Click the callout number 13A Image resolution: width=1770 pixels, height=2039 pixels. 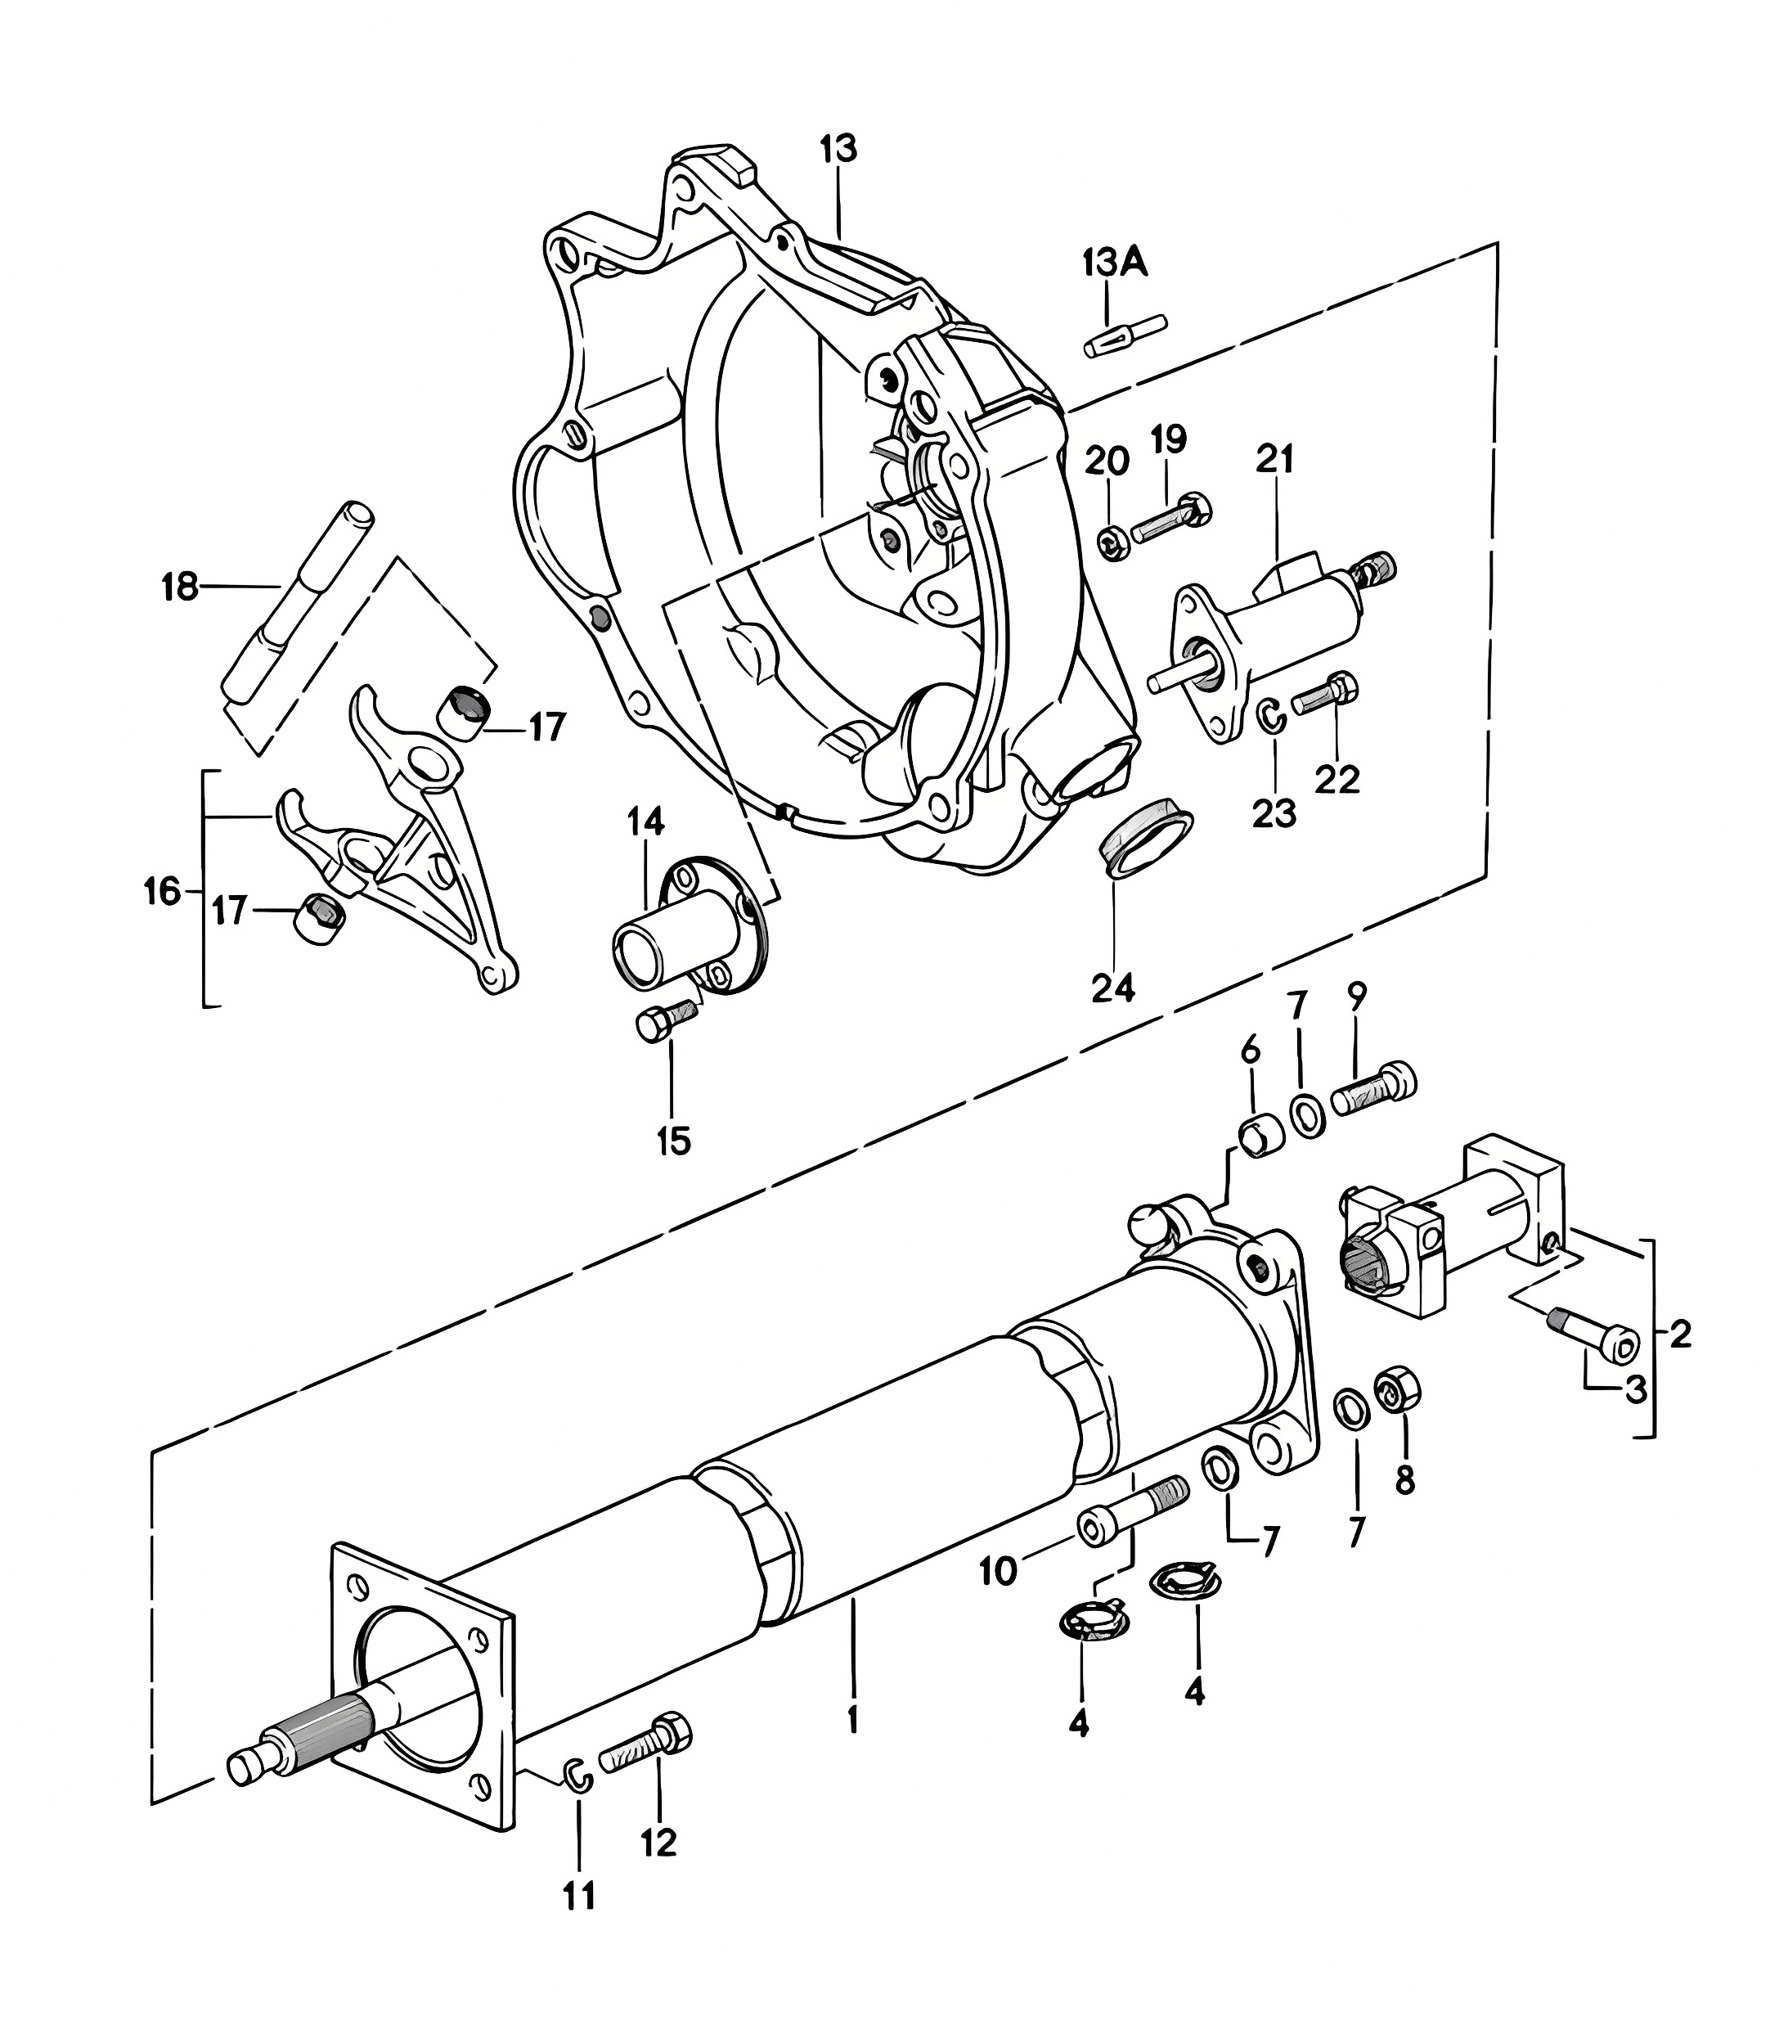(x=1115, y=263)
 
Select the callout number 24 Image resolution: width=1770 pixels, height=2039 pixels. (x=1113, y=987)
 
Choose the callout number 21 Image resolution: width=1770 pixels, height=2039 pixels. (x=1275, y=459)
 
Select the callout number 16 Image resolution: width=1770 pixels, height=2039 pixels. (x=163, y=890)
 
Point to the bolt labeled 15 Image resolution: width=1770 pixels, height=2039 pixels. (x=667, y=1019)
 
